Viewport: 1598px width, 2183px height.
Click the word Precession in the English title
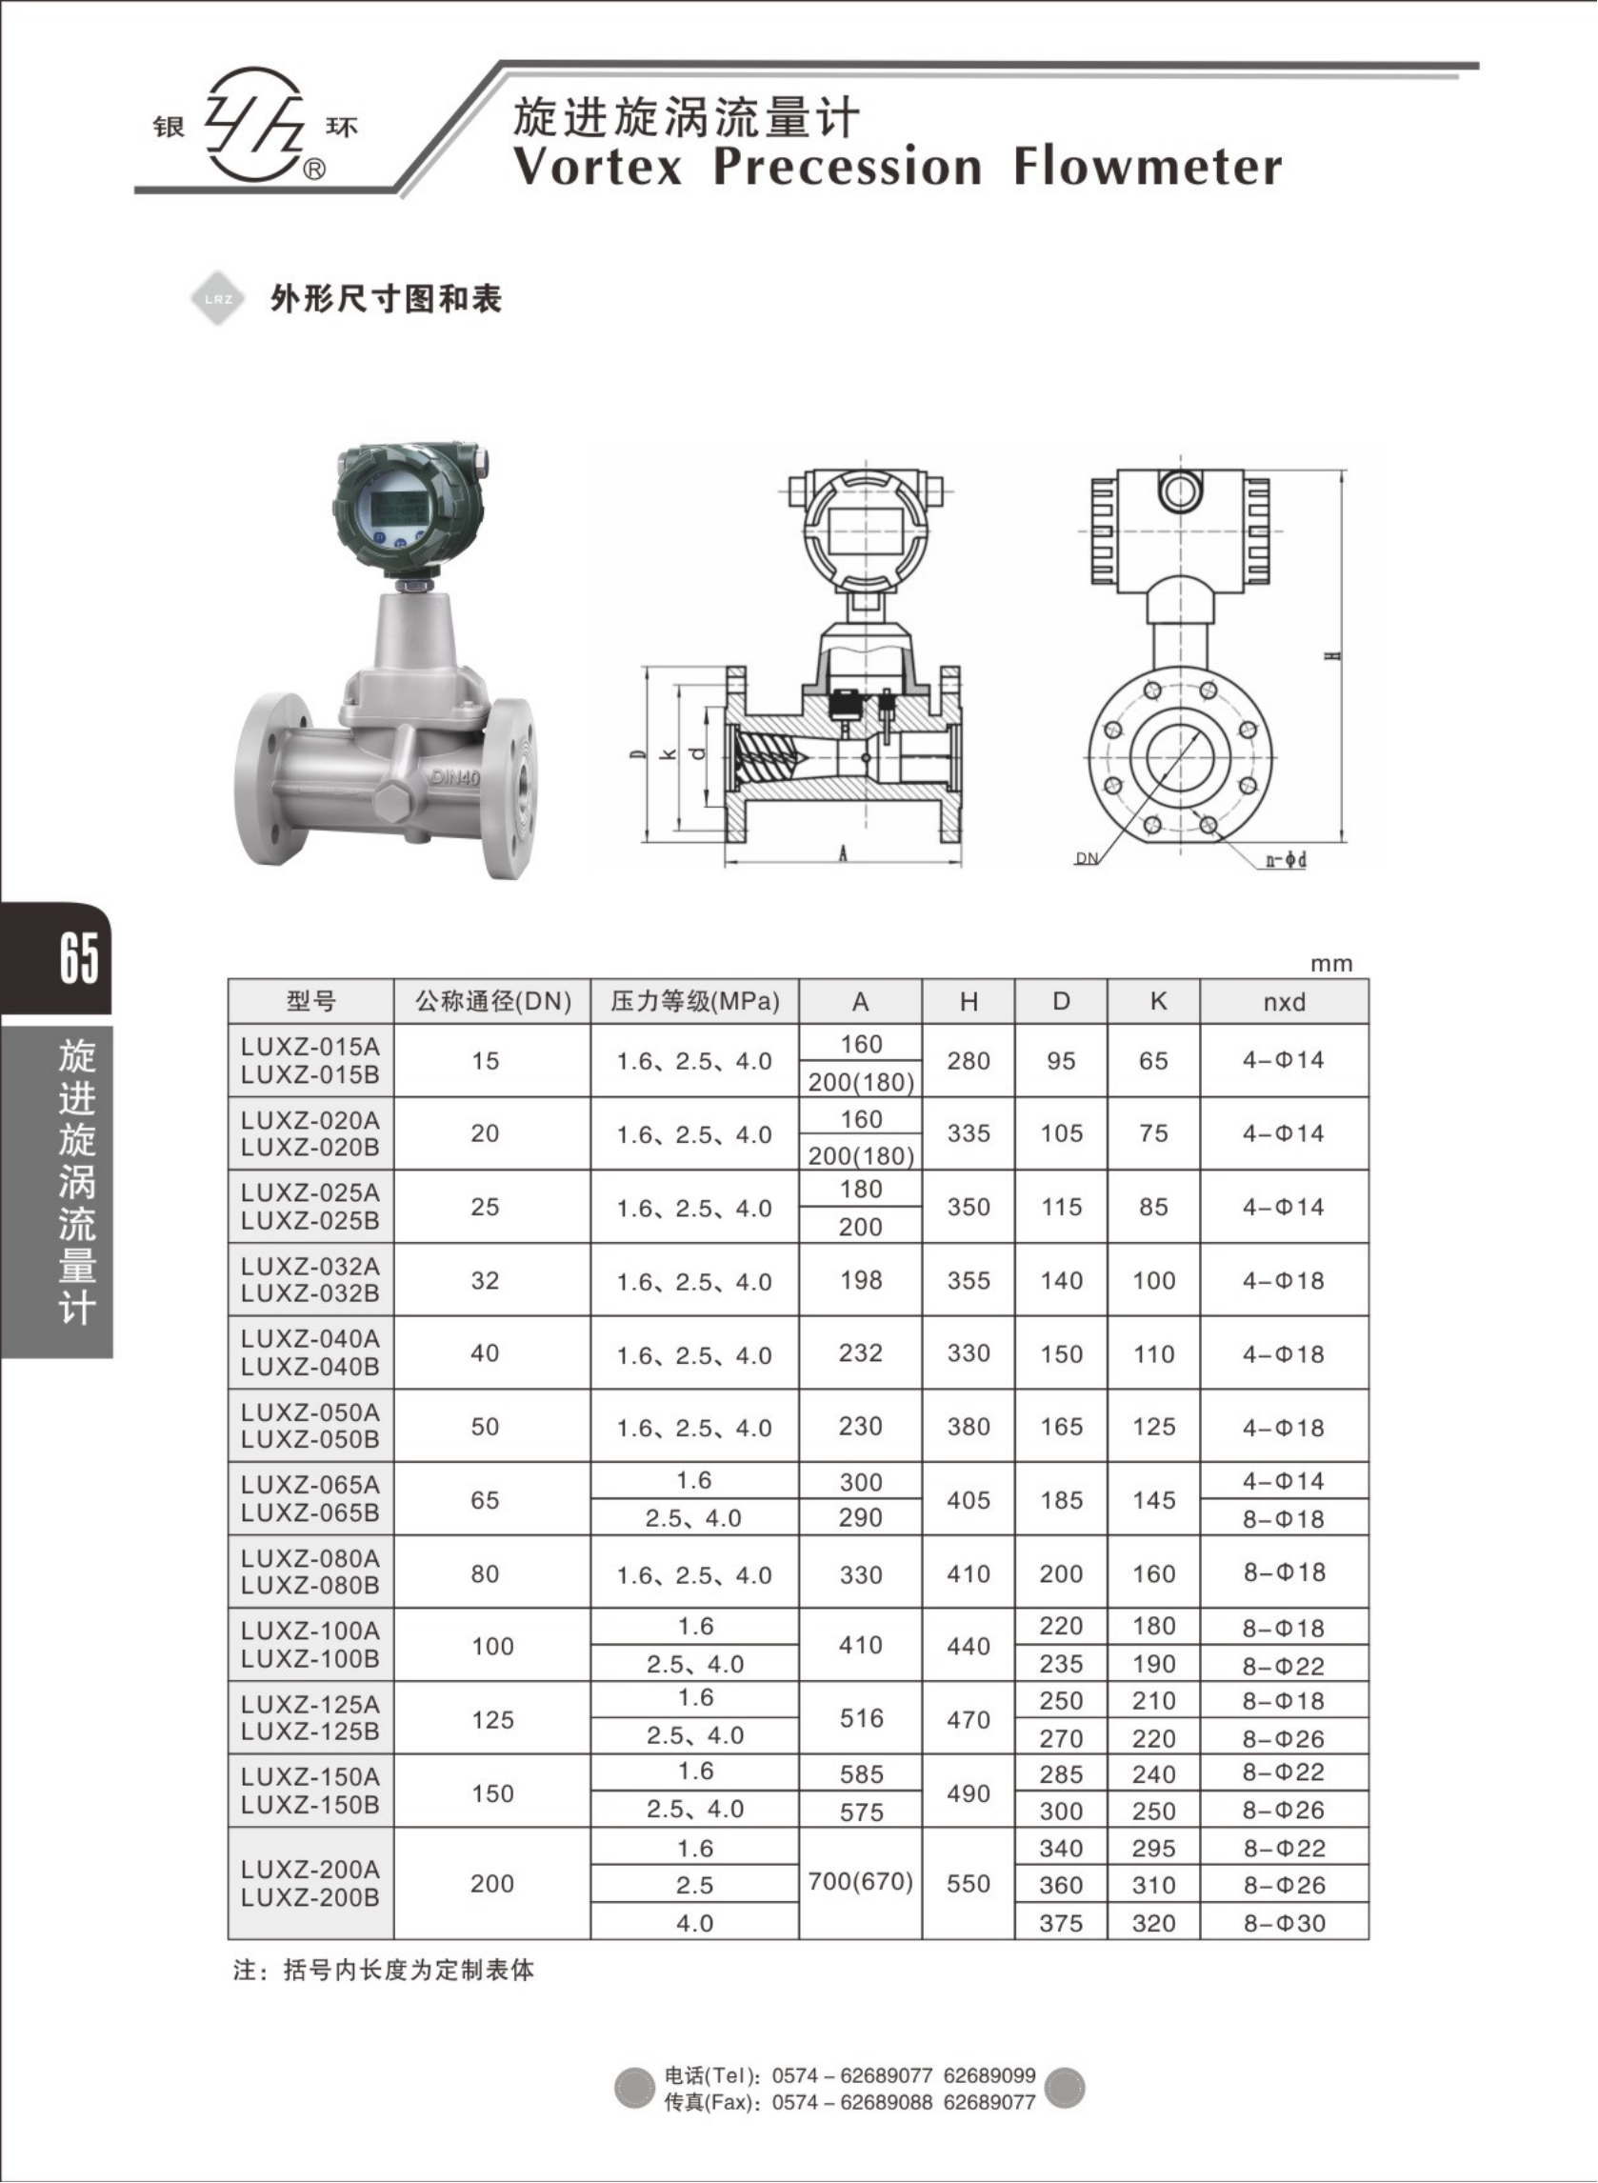[848, 167]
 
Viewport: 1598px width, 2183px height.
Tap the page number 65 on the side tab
[77, 958]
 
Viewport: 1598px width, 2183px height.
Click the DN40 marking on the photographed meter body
[454, 776]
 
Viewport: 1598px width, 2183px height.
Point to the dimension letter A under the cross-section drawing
[843, 854]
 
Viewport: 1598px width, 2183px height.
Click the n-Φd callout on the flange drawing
[1287, 860]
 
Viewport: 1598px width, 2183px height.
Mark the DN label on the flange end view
[1088, 858]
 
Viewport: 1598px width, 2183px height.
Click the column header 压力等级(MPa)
[694, 1001]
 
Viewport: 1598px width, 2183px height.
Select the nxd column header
[1284, 1002]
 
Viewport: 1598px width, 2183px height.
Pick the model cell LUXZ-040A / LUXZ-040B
[310, 1352]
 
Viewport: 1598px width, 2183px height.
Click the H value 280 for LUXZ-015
[969, 1061]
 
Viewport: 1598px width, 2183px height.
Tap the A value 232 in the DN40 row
[860, 1352]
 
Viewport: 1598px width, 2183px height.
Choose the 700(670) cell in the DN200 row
[860, 1881]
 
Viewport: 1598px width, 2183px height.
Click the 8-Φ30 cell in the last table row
[1284, 1923]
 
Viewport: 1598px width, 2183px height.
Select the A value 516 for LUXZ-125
[860, 1718]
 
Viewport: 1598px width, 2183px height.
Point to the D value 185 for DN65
[1060, 1500]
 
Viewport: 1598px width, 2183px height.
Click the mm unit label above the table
[1331, 964]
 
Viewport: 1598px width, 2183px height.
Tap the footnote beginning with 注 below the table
[383, 1971]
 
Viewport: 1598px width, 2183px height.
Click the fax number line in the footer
[849, 2102]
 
